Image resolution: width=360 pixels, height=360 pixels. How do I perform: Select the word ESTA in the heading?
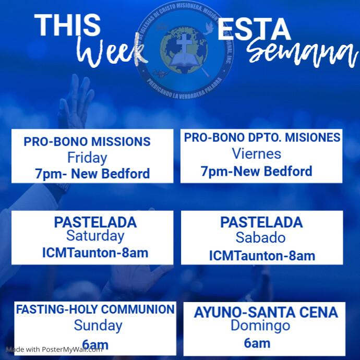[254, 31]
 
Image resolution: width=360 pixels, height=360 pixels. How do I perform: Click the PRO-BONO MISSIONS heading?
[87, 141]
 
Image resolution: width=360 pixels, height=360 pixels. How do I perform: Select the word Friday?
[87, 158]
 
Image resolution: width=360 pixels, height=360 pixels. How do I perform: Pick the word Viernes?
[256, 154]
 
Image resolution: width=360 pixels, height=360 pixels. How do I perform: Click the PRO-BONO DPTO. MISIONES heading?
[262, 138]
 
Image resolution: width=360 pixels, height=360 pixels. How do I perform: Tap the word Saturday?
[95, 236]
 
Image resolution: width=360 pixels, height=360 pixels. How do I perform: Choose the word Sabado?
[260, 237]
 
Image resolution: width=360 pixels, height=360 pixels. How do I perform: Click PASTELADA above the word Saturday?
[95, 222]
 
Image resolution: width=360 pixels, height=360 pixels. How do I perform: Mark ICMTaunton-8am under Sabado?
[262, 256]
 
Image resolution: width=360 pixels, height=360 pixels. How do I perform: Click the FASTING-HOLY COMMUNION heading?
[95, 309]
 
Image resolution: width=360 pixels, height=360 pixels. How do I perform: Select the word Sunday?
[98, 326]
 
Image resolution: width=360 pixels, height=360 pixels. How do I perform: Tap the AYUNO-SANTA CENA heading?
[266, 313]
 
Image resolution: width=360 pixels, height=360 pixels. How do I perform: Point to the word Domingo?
[260, 326]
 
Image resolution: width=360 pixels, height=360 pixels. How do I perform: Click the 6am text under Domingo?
[257, 343]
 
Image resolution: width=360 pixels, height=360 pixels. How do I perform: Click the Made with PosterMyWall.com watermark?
[54, 350]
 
